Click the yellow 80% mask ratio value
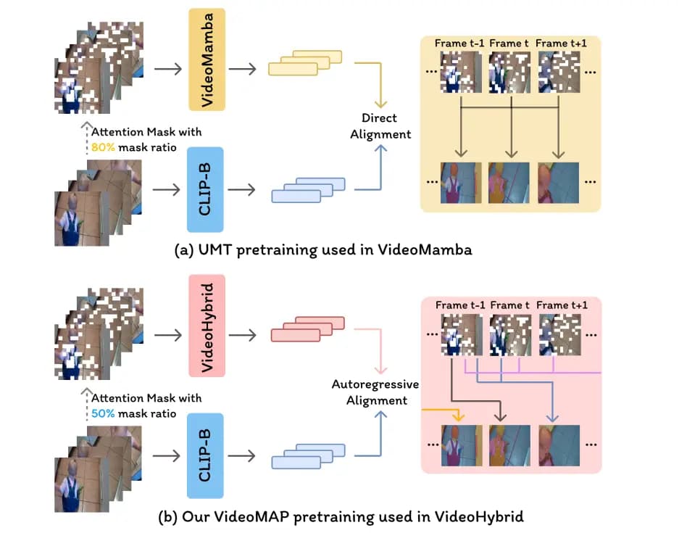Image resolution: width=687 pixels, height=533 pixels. pos(101,147)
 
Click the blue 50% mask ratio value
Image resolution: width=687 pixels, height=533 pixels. pos(101,413)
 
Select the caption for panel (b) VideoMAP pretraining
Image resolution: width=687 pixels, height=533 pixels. pos(341,516)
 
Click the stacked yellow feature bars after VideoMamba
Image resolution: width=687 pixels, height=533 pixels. pos(293,64)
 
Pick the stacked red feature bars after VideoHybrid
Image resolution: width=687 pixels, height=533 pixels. pos(295,329)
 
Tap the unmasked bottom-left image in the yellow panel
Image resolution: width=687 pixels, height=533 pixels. pos(461,183)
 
